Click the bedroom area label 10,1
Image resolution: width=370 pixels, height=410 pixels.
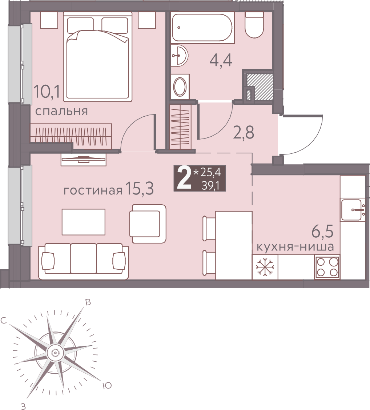(x=47, y=92)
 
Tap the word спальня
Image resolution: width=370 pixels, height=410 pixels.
(x=61, y=111)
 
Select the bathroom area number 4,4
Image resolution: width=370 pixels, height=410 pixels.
(x=221, y=60)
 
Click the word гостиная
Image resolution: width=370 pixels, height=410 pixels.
(x=93, y=190)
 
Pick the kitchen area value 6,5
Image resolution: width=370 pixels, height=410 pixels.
(x=322, y=231)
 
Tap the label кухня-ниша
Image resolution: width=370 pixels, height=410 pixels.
(x=295, y=246)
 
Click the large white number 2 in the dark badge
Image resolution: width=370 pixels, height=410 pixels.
(x=184, y=178)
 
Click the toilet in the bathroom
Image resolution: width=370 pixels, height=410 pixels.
(x=254, y=25)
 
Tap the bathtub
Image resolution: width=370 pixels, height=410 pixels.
(x=203, y=28)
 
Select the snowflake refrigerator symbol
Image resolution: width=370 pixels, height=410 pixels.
(x=265, y=267)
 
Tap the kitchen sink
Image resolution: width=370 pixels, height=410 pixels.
(x=353, y=209)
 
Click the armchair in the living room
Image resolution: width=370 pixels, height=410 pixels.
(x=148, y=224)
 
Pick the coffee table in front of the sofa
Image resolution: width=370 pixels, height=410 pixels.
(x=83, y=222)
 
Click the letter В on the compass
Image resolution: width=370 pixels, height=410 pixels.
(x=88, y=302)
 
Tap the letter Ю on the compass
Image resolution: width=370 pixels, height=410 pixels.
(x=107, y=385)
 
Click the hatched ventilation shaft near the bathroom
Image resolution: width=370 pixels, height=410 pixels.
(x=260, y=87)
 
